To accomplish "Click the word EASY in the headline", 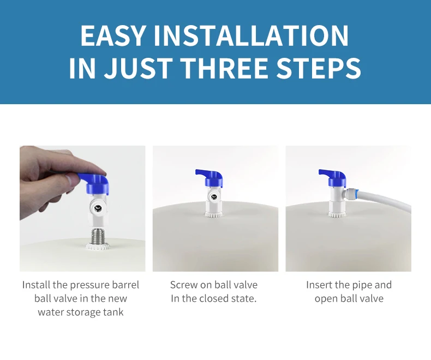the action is click(112, 35).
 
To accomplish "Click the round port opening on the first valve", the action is click(97, 208).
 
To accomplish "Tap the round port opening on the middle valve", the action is click(213, 197).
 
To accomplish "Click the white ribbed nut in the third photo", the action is click(336, 214).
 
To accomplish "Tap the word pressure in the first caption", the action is click(89, 285).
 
